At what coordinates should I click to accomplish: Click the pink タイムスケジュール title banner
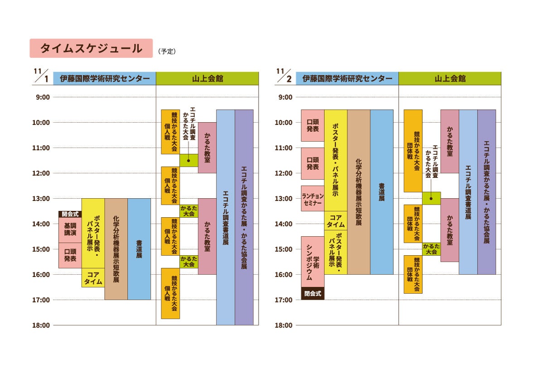point(91,48)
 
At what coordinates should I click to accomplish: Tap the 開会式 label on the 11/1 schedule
point(70,214)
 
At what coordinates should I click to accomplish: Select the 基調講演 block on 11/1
point(70,230)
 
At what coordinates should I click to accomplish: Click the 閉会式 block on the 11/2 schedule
point(313,293)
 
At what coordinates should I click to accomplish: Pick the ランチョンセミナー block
point(313,198)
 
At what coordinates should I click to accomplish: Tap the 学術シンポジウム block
point(313,262)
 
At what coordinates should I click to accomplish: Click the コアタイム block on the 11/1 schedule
point(93,277)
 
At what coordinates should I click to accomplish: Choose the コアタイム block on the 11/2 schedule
point(336,220)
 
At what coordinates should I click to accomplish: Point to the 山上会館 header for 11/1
point(207,78)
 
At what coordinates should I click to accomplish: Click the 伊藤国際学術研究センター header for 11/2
point(347,78)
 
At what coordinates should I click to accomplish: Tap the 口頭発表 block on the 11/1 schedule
point(70,255)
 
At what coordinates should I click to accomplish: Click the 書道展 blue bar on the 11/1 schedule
point(139,249)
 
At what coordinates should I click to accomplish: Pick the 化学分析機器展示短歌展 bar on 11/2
point(359,192)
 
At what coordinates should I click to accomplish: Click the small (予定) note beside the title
point(167,52)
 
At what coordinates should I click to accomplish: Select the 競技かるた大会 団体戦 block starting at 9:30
point(413,151)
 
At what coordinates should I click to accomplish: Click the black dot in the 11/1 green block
point(188,160)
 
